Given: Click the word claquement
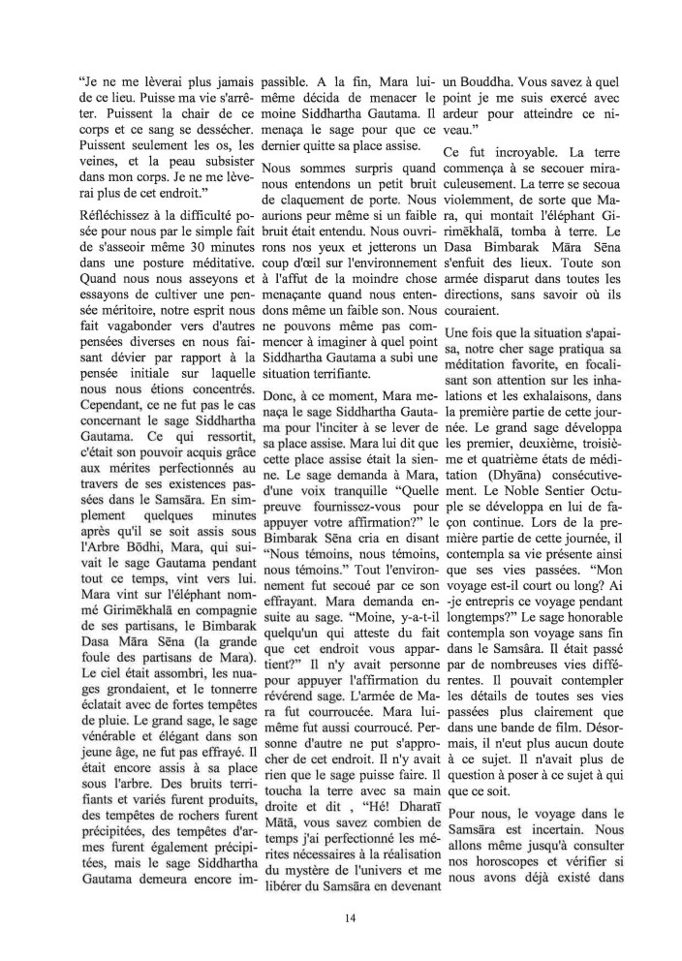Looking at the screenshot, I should pyautogui.click(x=306, y=201).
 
